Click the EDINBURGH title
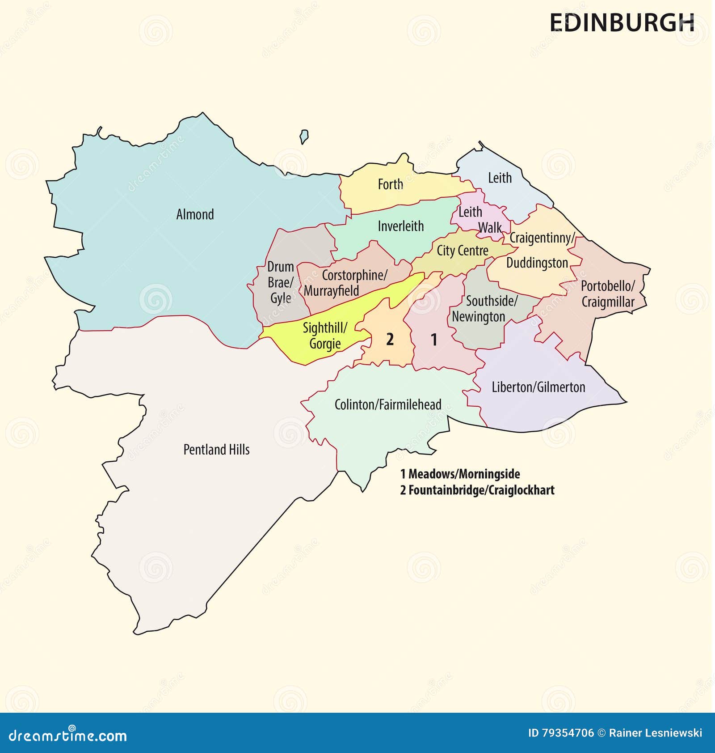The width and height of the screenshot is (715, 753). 622,22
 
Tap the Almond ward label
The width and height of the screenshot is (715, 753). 195,214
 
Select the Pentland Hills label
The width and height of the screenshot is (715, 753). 216,450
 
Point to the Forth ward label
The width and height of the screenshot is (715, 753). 390,184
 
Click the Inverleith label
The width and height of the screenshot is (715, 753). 400,226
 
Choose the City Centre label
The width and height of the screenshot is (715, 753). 462,251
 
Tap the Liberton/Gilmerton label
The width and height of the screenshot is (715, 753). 538,387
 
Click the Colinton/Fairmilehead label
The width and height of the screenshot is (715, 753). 387,404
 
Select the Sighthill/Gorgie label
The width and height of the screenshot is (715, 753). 325,336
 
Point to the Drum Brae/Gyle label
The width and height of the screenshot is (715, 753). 280,282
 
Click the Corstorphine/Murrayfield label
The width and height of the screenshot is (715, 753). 344,283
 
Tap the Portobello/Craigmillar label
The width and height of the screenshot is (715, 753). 608,294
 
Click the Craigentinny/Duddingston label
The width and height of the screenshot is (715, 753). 540,250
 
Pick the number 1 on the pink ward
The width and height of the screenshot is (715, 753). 433,340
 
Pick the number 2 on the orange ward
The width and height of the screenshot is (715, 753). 390,340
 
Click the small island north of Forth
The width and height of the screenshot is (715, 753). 304,136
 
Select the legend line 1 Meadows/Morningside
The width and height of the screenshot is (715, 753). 460,474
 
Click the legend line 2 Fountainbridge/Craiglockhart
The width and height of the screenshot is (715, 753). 477,490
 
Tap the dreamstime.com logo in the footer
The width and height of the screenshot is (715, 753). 68,735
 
